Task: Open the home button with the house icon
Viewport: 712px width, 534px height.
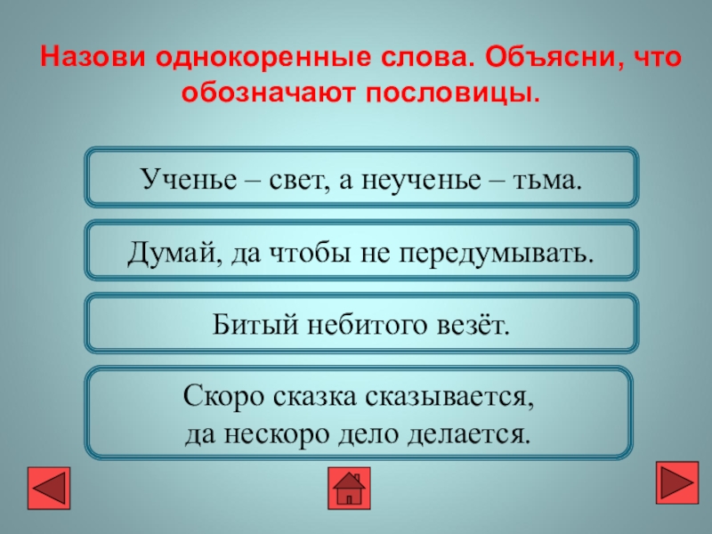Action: [x=351, y=487]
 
